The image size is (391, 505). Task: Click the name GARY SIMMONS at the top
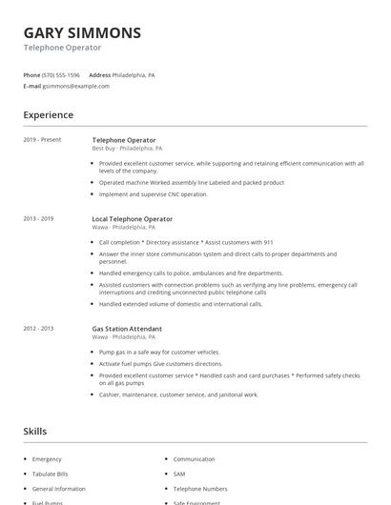(82, 32)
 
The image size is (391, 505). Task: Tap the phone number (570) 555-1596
(61, 74)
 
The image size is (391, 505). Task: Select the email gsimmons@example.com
(76, 86)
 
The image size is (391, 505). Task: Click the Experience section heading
(49, 115)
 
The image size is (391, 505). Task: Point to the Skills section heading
(35, 432)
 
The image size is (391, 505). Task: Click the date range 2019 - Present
(42, 140)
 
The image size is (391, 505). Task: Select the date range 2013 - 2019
(38, 219)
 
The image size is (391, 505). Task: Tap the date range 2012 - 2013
(38, 329)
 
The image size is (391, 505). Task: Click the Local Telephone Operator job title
(130, 219)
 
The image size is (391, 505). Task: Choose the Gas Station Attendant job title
(127, 329)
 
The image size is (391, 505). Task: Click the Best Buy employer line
(127, 149)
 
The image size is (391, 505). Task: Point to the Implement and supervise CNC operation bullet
(153, 194)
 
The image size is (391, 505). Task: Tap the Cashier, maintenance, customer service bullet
(178, 394)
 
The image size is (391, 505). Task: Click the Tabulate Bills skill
(51, 474)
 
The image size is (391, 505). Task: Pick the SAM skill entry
(179, 474)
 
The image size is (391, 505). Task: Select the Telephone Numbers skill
(200, 489)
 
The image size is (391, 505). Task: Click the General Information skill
(59, 489)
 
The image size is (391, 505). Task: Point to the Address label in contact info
(99, 74)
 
